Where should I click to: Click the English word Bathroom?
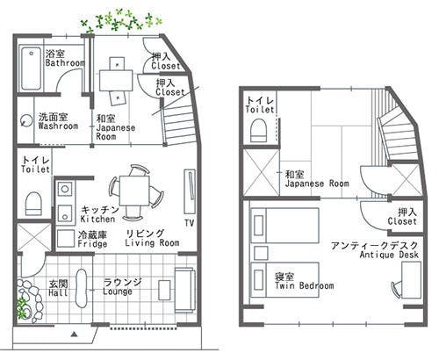coord(65,64)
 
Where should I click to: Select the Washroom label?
coord(58,126)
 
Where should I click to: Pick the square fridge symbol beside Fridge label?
coord(66,237)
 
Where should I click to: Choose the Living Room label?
coord(152,243)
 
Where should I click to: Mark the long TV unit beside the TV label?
coord(189,187)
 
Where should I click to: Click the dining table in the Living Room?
coord(134,188)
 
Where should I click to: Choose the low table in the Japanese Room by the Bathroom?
coord(116,79)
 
